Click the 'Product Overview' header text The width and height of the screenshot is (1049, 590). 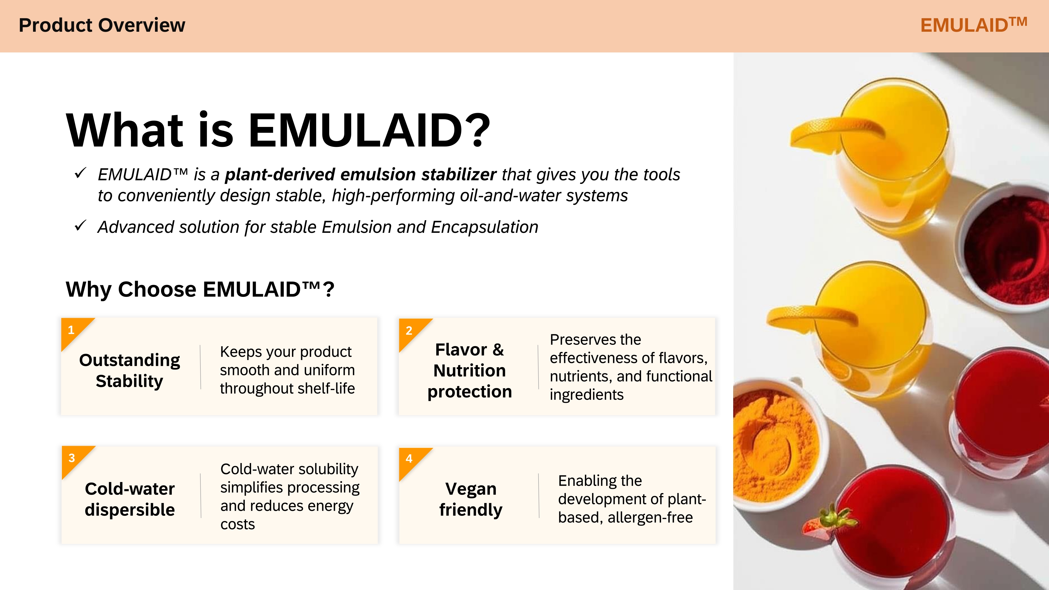click(102, 25)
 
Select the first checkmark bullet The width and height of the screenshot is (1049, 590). click(80, 173)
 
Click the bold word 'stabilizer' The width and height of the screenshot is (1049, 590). click(459, 174)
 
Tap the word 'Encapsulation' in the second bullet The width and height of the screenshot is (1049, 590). click(484, 227)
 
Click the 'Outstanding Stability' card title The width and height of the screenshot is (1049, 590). click(130, 371)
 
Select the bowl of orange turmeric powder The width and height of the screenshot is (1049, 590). click(776, 444)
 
